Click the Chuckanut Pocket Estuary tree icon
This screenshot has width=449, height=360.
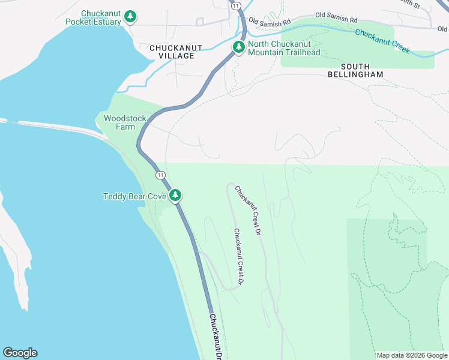[x=130, y=17]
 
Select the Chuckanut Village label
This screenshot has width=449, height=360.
[x=172, y=52]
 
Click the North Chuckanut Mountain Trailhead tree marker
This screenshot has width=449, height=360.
[x=238, y=47]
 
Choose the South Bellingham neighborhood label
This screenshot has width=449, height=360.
[x=355, y=70]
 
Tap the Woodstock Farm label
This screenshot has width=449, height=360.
[x=125, y=122]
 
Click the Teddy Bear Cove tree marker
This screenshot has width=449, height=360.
[x=175, y=195]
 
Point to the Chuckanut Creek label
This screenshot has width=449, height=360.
[x=382, y=41]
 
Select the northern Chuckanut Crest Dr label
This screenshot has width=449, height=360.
[x=249, y=210]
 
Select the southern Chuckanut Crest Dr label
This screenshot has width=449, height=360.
[x=239, y=257]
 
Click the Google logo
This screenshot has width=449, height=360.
[x=20, y=353]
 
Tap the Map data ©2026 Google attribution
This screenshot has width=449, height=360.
[x=411, y=355]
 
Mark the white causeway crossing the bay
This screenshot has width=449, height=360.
[x=54, y=127]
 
